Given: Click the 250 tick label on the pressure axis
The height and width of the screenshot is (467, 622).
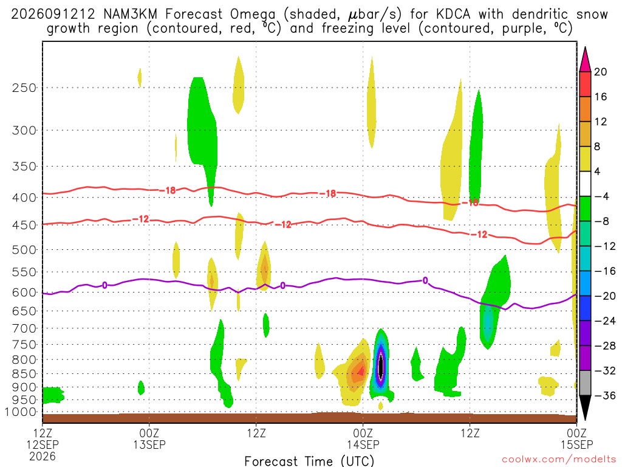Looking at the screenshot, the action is [24, 88].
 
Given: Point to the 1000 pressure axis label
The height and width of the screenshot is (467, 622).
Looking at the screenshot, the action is [21, 412].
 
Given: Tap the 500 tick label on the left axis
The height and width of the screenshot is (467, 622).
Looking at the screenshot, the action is [24, 250].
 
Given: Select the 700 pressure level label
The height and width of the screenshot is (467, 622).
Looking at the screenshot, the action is [24, 328].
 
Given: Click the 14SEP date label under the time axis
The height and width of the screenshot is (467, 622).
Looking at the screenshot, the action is [363, 445].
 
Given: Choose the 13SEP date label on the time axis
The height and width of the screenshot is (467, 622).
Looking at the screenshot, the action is [149, 445].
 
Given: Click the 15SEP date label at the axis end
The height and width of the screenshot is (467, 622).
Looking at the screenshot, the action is [577, 445].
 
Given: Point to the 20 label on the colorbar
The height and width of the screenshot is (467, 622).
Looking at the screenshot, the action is [600, 72].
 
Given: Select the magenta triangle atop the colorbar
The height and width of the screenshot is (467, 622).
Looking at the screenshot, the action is [585, 59].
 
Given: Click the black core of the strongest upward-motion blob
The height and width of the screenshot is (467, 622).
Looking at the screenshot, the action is [381, 367].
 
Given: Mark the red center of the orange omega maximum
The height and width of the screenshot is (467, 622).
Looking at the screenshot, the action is [361, 371].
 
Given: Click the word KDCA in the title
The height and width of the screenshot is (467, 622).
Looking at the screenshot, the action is [453, 15].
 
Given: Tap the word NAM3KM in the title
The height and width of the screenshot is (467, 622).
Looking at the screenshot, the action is [130, 15].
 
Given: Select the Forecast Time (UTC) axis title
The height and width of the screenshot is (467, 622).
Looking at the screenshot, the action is [309, 461].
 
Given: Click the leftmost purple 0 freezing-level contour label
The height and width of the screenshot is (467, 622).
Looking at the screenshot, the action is [104, 285].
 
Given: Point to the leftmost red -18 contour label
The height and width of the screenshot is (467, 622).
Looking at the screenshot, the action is [168, 190].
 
